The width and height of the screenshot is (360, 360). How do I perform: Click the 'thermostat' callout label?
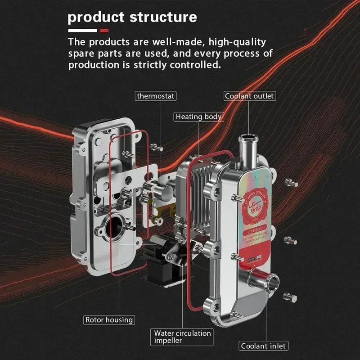coord(155,96)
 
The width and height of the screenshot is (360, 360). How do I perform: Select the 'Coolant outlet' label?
coord(249,96)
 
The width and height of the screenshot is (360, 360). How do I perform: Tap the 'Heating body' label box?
coord(198,117)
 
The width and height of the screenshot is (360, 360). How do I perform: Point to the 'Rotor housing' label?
coord(109,320)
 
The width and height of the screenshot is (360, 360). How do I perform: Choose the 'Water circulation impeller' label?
coord(182,337)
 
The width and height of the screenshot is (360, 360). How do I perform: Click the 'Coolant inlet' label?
coord(263,346)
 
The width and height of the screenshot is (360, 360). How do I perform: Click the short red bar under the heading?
coord(104,31)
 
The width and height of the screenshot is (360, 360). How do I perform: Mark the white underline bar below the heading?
coord(82,31)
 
